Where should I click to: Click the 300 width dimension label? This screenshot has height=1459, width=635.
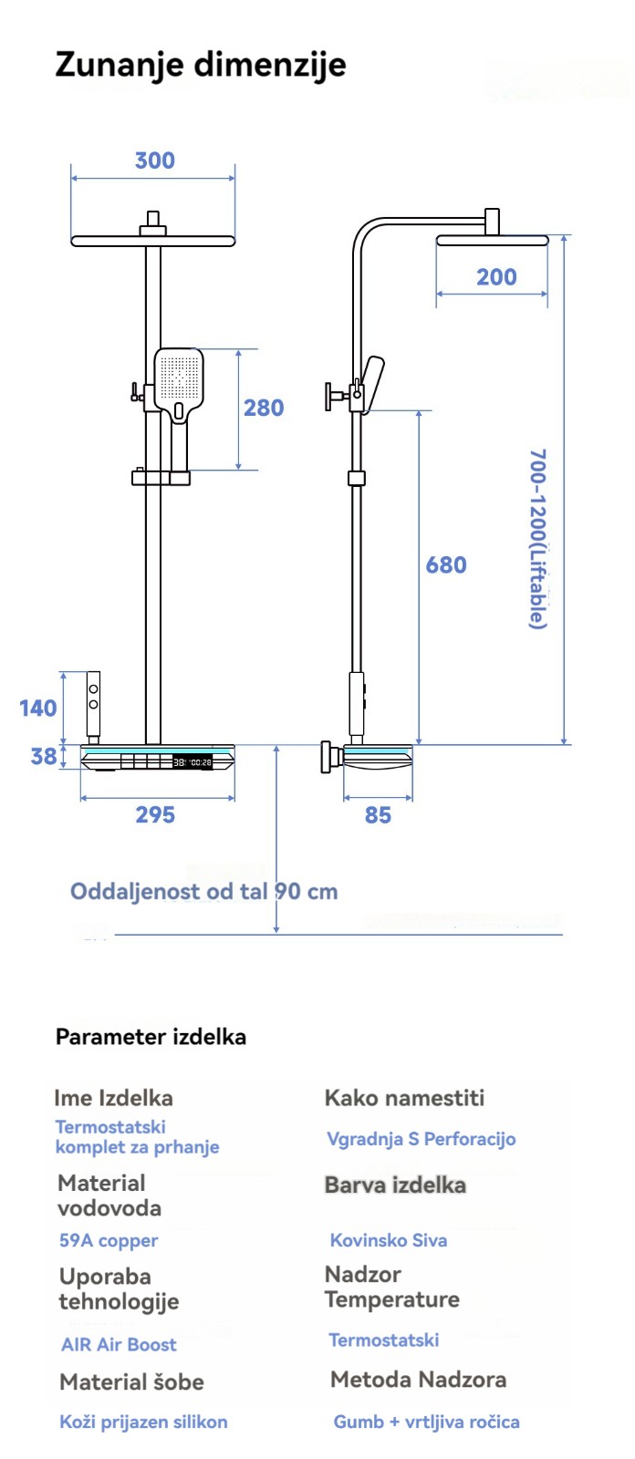(154, 160)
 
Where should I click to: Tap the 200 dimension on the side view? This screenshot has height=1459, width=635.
(496, 277)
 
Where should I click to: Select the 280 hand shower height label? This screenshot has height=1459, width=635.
(264, 408)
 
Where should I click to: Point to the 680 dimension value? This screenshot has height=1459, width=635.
(446, 565)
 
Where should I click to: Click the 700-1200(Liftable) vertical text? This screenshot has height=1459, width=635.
(538, 538)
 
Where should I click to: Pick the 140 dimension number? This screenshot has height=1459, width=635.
(38, 708)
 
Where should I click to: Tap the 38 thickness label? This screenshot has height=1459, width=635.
(44, 756)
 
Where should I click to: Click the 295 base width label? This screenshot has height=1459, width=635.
(155, 814)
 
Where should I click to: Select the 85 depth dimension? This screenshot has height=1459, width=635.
(378, 814)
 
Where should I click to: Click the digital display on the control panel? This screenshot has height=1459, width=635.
(192, 761)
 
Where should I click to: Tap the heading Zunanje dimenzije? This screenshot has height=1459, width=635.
(201, 65)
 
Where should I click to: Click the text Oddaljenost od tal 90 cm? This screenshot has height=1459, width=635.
(204, 891)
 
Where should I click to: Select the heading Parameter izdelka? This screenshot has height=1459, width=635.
(151, 1037)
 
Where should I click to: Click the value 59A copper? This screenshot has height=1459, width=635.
(109, 1240)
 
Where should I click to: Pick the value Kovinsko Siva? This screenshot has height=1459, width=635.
(389, 1240)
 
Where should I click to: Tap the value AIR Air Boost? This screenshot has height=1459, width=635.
(119, 1344)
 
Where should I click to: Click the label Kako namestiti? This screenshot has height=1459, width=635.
(404, 1098)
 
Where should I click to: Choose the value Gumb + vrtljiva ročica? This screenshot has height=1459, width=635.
(426, 1422)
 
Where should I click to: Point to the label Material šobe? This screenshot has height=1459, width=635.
(131, 1382)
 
